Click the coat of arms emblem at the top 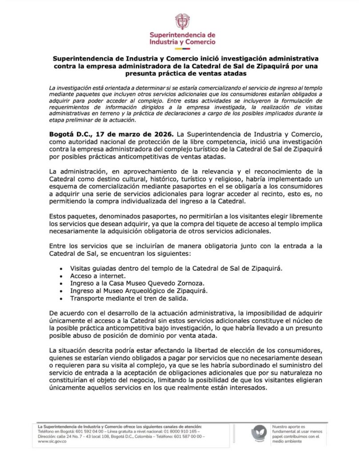click(182, 21)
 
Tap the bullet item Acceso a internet click(92, 276)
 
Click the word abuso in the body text click(79, 337)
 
